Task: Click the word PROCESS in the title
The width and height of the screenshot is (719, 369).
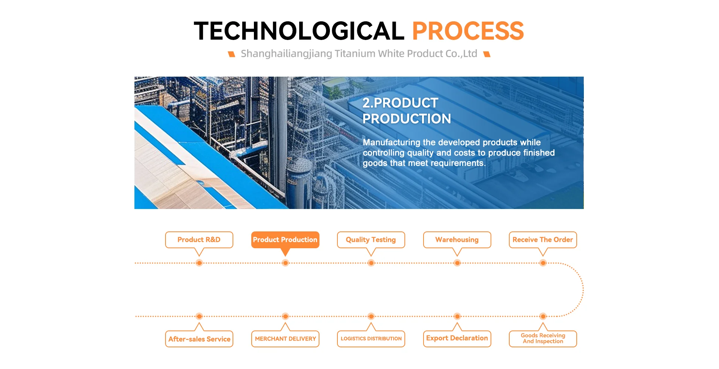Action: (468, 31)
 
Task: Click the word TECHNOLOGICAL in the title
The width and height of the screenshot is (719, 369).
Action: (299, 31)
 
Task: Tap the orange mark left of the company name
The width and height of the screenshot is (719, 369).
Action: (232, 54)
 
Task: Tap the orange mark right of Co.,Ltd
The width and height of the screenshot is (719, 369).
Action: (487, 54)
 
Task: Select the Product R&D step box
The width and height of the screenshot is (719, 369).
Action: (199, 240)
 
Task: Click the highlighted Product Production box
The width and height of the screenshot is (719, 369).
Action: (285, 240)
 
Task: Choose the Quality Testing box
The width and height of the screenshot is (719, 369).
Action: (371, 240)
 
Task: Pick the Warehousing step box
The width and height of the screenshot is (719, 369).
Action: (457, 240)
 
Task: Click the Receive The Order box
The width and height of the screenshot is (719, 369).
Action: (543, 240)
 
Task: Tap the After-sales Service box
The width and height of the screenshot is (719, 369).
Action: (199, 339)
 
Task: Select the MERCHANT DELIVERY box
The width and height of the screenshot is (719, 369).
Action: (285, 339)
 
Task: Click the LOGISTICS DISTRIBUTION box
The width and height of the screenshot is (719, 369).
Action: (371, 339)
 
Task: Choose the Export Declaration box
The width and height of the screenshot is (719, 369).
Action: (457, 339)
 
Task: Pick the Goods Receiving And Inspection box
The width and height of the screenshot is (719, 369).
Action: (543, 339)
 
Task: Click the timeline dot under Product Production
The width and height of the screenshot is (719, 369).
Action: (285, 263)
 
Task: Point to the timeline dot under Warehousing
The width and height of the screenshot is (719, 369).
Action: (457, 263)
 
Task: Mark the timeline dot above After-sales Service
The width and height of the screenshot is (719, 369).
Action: (199, 316)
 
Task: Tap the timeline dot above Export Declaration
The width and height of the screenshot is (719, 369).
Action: (457, 316)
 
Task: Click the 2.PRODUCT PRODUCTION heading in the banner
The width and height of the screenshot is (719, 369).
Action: (407, 111)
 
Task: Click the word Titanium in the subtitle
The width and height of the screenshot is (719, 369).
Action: (355, 54)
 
